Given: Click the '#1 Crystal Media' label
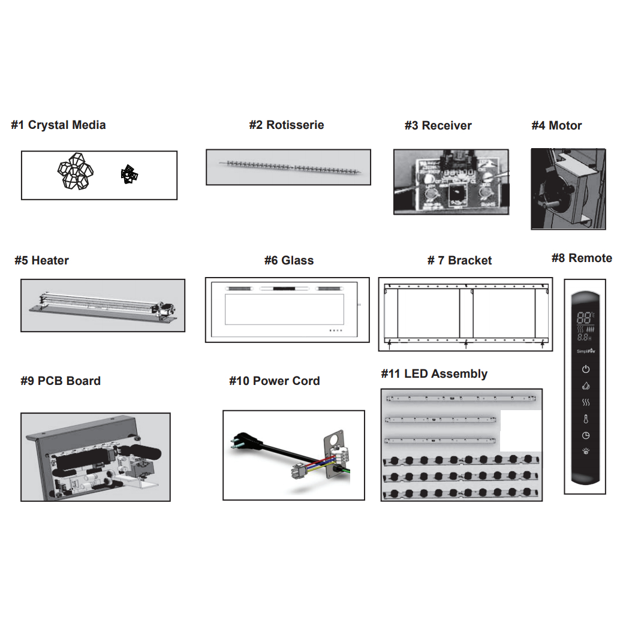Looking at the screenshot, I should click(58, 125).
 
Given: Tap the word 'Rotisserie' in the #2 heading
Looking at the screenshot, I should click(295, 125).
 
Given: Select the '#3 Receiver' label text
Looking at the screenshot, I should click(438, 126).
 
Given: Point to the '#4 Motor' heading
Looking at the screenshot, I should click(556, 126).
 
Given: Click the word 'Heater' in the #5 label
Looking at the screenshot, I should click(50, 261).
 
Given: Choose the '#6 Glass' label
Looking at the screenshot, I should click(289, 261).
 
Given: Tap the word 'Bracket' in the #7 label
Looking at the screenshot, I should click(469, 261).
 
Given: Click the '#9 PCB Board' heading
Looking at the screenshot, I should click(61, 381).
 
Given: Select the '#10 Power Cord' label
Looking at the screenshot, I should click(275, 381).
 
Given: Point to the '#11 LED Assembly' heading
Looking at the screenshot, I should click(434, 374).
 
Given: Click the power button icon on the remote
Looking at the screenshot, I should click(586, 369).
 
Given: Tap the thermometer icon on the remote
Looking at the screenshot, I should click(586, 419).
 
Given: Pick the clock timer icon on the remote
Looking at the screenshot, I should click(586, 436).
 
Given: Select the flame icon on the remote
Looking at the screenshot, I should click(586, 386).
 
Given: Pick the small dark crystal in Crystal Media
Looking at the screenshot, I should click(129, 174).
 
